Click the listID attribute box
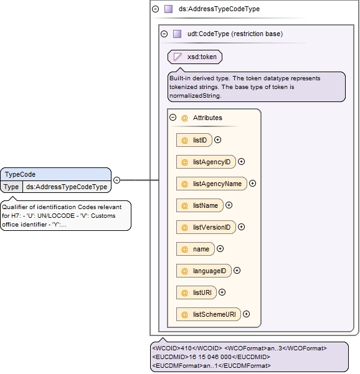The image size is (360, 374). (x=194, y=140)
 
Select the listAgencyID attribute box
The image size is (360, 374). (x=206, y=162)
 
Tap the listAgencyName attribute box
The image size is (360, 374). (x=212, y=184)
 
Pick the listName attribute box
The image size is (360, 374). (x=200, y=205)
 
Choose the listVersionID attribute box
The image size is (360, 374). (x=206, y=227)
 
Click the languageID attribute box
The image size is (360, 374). (x=204, y=271)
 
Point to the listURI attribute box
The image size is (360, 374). (x=196, y=292)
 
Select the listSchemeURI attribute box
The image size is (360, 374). (x=209, y=314)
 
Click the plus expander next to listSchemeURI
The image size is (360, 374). (x=247, y=314)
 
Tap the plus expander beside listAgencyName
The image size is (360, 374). (x=253, y=183)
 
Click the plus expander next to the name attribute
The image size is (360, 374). (x=220, y=249)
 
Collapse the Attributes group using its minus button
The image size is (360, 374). (x=173, y=118)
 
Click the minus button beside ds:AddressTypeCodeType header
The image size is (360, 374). (x=156, y=9)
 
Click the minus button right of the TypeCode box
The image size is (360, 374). (x=116, y=180)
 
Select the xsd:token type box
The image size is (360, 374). (x=195, y=57)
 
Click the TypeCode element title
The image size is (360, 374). (x=21, y=174)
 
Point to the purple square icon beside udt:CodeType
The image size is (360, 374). (x=177, y=34)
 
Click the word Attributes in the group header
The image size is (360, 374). (x=207, y=118)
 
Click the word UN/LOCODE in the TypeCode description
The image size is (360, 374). (x=56, y=216)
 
